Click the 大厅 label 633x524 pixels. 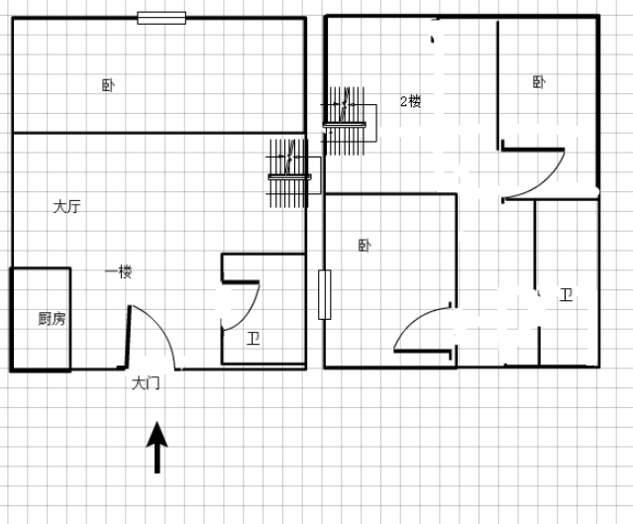pyautogui.click(x=67, y=206)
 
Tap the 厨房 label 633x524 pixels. pyautogui.click(x=52, y=319)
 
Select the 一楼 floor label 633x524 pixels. pyautogui.click(x=118, y=271)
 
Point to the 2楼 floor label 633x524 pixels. pyautogui.click(x=410, y=101)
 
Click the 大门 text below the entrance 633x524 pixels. pyautogui.click(x=146, y=383)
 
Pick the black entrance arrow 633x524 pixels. pyautogui.click(x=158, y=448)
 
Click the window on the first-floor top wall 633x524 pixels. pyautogui.click(x=161, y=18)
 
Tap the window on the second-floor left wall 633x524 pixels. pyautogui.click(x=325, y=295)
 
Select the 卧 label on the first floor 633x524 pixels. pyautogui.click(x=108, y=85)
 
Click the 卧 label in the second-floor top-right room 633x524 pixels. pyautogui.click(x=539, y=82)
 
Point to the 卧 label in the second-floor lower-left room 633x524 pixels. pyautogui.click(x=365, y=245)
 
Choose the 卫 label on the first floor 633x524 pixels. pyautogui.click(x=254, y=339)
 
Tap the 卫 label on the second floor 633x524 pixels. pyautogui.click(x=566, y=295)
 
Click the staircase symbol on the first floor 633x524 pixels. pyautogui.click(x=292, y=173)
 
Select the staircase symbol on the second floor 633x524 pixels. pyautogui.click(x=348, y=121)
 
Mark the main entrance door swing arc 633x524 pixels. pyautogui.click(x=162, y=323)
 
